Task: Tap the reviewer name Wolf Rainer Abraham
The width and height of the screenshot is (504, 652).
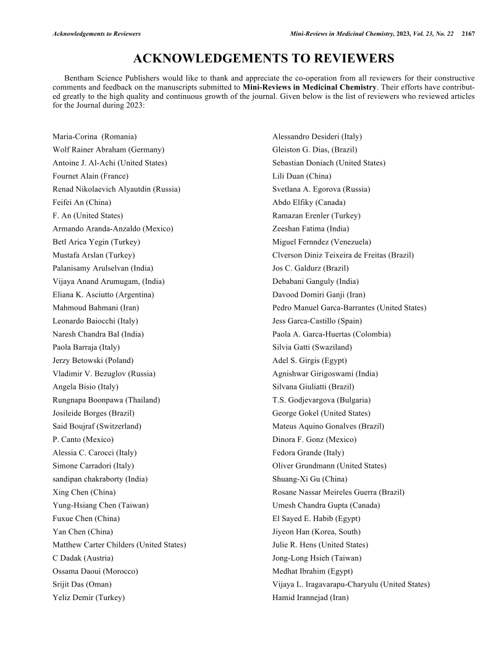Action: click(x=108, y=149)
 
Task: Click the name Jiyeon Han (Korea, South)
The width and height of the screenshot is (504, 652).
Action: click(x=316, y=532)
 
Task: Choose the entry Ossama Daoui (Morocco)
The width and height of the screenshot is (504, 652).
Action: click(x=96, y=571)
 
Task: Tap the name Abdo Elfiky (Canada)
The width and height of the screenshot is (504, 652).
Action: click(x=309, y=202)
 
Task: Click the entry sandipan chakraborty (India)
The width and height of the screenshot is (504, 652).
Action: click(x=100, y=479)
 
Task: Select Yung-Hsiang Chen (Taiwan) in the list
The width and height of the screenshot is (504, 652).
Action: click(x=101, y=505)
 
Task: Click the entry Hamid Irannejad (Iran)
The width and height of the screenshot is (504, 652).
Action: click(x=311, y=598)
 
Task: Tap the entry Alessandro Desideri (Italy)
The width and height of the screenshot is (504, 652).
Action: click(x=317, y=136)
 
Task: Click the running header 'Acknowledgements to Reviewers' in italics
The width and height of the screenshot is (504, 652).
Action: click(x=97, y=33)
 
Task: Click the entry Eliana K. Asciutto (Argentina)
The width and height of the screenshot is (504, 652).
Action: click(x=104, y=295)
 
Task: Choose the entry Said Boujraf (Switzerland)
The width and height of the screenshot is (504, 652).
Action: click(x=98, y=426)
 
